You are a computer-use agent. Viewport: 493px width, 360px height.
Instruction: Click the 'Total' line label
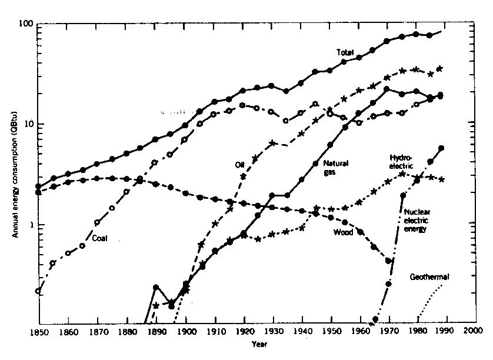pos(345,52)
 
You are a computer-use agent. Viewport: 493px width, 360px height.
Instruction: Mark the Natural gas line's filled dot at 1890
pos(156,287)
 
